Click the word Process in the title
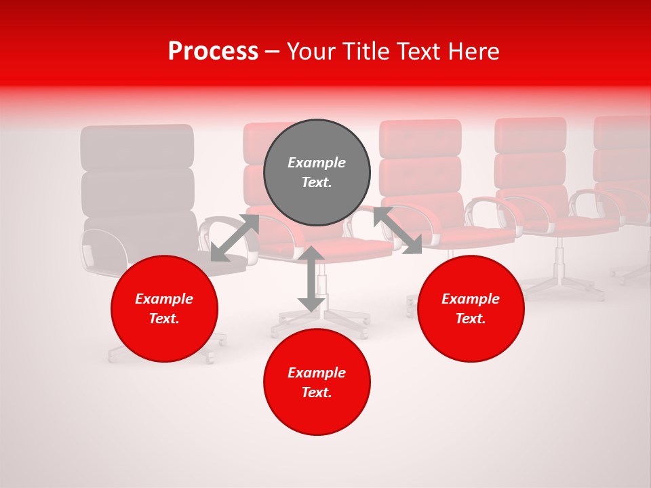(x=213, y=52)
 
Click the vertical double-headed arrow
(x=311, y=279)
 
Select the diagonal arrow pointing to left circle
(x=235, y=238)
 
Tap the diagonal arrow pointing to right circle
(x=397, y=230)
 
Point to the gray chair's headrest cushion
(x=138, y=147)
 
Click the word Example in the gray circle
(x=317, y=163)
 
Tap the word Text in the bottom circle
(x=316, y=392)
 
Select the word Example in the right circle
(x=471, y=299)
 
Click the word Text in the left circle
(x=164, y=319)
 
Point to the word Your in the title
(x=310, y=52)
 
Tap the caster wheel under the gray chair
(x=113, y=357)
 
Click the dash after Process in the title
(x=273, y=52)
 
